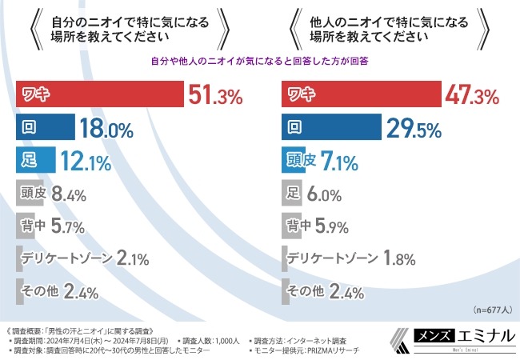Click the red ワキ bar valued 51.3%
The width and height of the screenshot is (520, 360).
point(100,95)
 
